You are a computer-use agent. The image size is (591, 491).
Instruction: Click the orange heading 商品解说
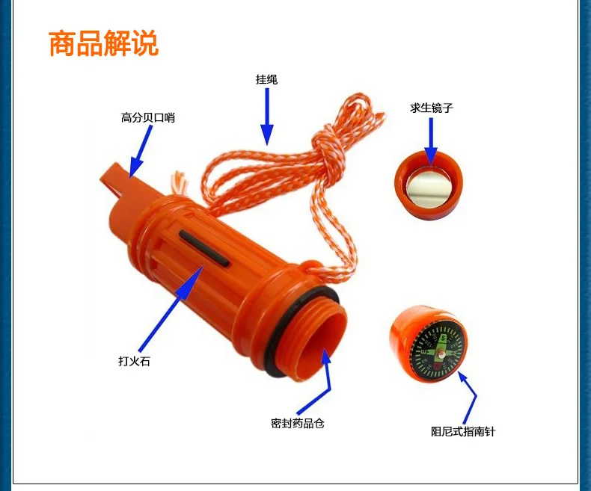pos(104,43)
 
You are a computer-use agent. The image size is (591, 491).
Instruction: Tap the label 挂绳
pos(266,79)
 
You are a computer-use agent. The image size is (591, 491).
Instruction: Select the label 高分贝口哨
pos(148,117)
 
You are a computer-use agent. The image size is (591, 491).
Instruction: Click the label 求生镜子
pos(431,108)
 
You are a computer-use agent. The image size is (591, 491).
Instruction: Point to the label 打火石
pos(134,361)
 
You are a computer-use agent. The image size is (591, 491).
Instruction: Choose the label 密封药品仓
pos(298,423)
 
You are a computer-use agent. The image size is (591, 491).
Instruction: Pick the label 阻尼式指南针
pos(463,431)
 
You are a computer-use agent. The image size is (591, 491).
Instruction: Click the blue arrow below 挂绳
pos(267,117)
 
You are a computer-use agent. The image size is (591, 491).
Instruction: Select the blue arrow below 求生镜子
pos(431,140)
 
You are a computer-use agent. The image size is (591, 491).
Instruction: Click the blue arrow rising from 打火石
pos(171,309)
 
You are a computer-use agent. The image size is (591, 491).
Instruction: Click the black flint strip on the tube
pos(204,249)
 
